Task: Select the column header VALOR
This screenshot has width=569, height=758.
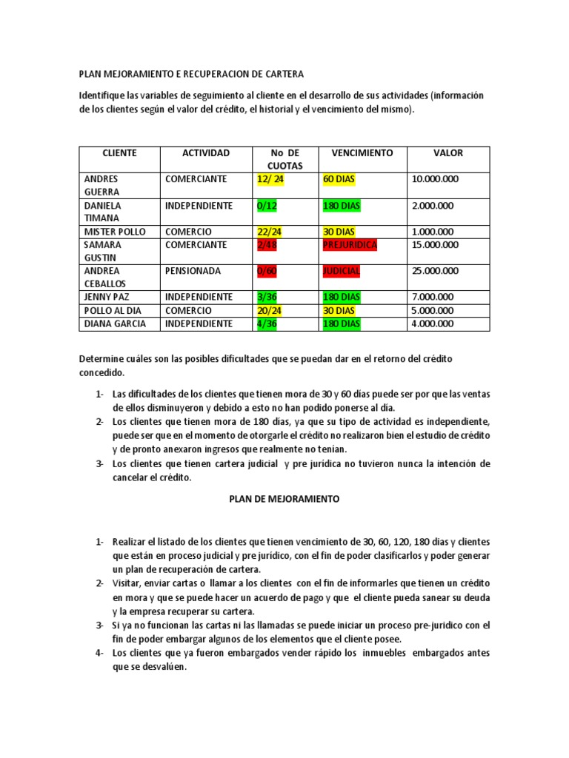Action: pos(448,153)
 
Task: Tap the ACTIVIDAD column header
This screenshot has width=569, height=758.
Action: pos(206,153)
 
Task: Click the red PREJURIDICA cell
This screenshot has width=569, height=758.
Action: pos(350,245)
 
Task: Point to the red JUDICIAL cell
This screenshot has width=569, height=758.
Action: pos(341,272)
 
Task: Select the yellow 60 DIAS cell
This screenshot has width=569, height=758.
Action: pos(340,179)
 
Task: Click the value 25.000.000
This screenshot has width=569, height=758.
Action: pos(435,272)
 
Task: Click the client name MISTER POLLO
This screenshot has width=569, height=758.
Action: pos(115,232)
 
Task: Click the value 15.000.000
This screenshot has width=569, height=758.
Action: pos(435,245)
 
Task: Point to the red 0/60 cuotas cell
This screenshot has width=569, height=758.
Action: pos(266,272)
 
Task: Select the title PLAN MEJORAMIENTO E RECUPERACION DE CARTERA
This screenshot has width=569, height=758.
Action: pos(191,74)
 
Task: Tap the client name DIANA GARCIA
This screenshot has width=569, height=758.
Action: pos(115,324)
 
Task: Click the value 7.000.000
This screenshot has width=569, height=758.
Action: pos(433,298)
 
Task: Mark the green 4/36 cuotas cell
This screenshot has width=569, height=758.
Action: pos(266,324)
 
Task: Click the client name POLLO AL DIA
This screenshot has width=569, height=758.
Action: pos(111,311)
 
